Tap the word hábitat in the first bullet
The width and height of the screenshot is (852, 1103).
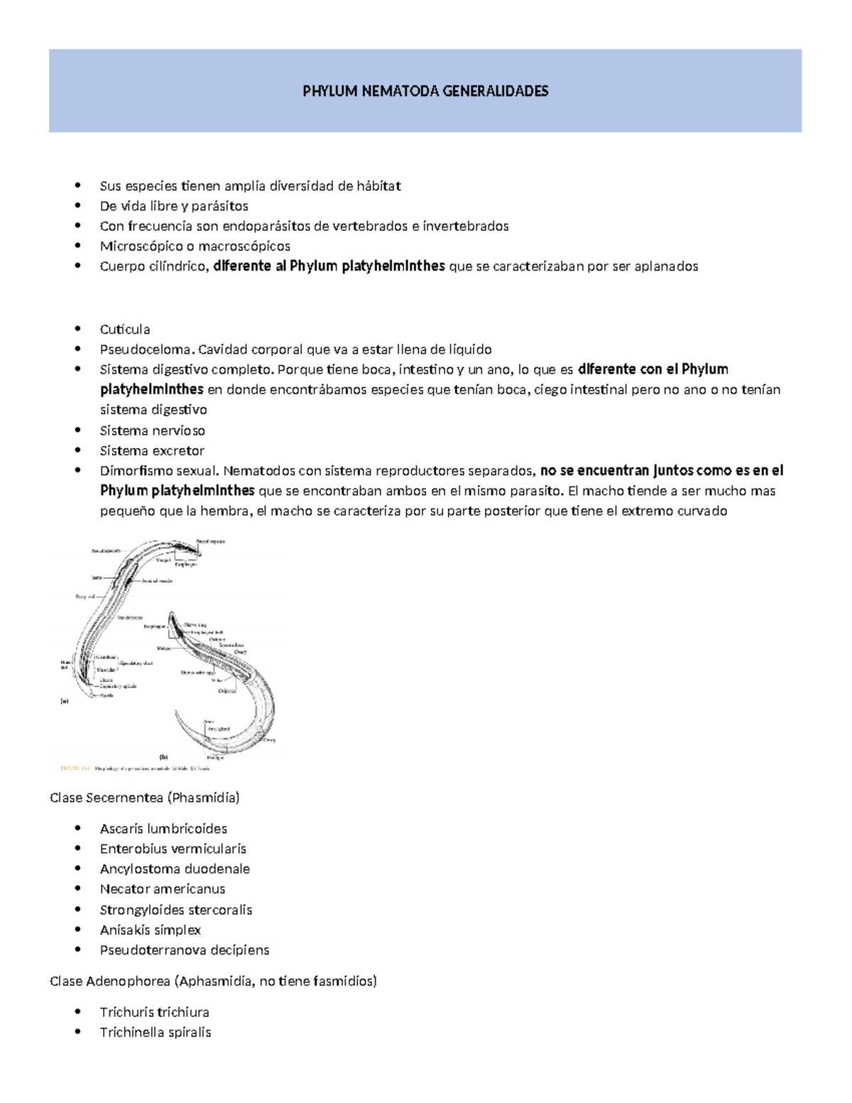pyautogui.click(x=378, y=186)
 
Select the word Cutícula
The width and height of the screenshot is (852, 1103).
pyautogui.click(x=125, y=330)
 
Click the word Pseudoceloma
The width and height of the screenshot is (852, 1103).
pyautogui.click(x=146, y=349)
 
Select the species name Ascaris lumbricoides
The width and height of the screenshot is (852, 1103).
pyautogui.click(x=163, y=829)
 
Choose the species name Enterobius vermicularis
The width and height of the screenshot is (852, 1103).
pyautogui.click(x=173, y=849)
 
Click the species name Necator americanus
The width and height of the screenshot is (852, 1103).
pyautogui.click(x=163, y=889)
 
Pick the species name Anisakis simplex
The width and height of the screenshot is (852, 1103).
pyautogui.click(x=151, y=930)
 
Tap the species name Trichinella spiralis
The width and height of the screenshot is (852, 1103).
pyautogui.click(x=155, y=1032)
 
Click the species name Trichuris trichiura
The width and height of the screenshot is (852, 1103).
pyautogui.click(x=155, y=1012)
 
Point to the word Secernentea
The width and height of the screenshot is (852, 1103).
pyautogui.click(x=124, y=798)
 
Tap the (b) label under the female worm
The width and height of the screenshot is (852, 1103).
pyautogui.click(x=163, y=757)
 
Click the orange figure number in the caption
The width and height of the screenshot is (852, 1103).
pyautogui.click(x=74, y=768)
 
